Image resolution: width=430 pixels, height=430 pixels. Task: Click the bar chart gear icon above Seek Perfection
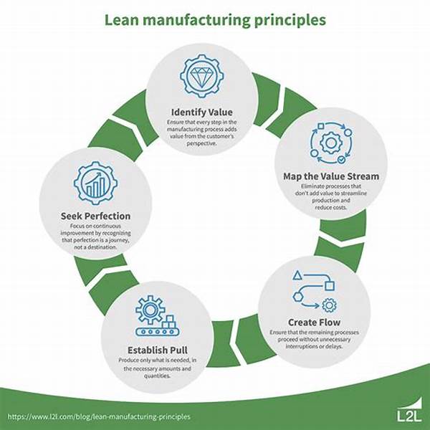click(x=95, y=183)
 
